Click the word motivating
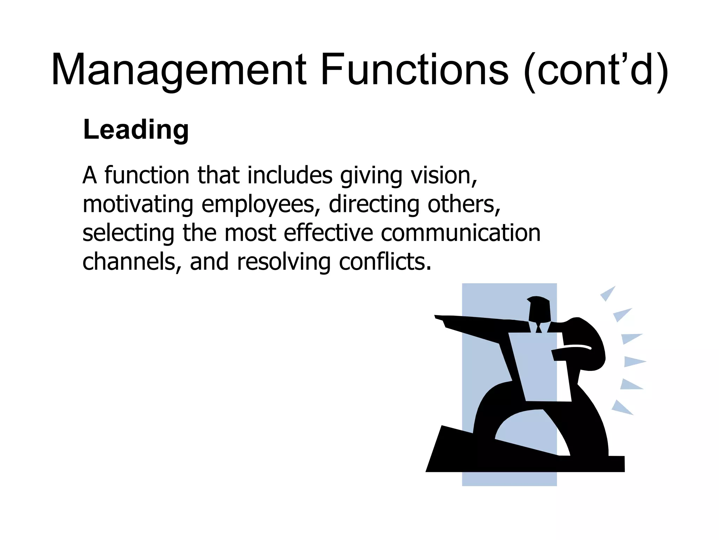(138, 205)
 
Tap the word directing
(374, 205)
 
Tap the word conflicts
(385, 262)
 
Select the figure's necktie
(539, 328)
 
